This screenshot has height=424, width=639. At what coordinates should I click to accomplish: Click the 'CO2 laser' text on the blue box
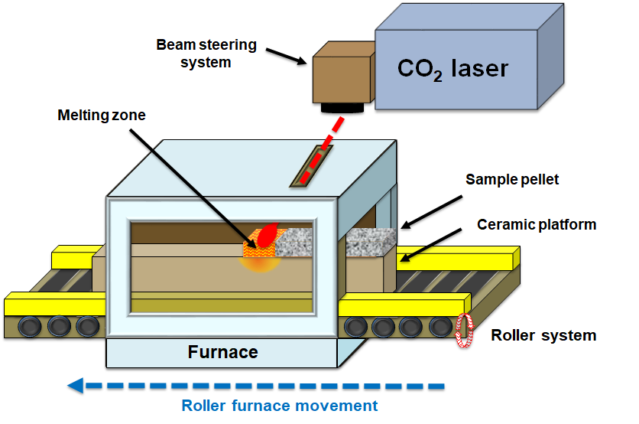coord(452,68)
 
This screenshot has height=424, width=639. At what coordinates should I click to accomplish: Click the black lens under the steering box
coord(342,109)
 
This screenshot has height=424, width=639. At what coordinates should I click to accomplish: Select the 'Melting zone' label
coord(101,115)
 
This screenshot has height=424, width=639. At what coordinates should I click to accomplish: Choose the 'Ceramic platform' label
coord(536,224)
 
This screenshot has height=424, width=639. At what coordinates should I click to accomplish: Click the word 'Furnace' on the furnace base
coord(222,353)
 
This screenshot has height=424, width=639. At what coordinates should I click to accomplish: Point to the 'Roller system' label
coord(543,335)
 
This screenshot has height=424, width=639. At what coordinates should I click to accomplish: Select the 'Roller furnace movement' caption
coord(279,406)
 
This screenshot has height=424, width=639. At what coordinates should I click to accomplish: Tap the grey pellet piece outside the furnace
coord(371,243)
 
